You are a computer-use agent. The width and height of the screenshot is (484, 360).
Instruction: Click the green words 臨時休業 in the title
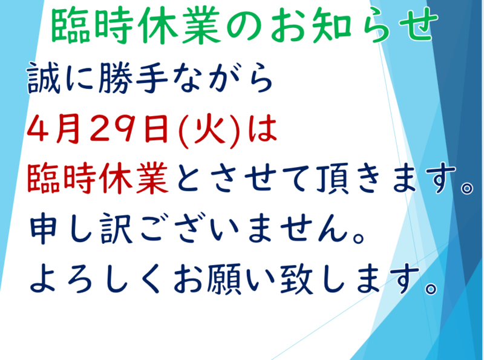[136, 25]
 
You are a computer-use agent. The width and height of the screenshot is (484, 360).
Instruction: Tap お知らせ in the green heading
[355, 25]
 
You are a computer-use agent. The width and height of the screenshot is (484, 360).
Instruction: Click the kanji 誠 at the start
[44, 77]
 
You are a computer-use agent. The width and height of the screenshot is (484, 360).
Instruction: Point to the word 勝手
[133, 77]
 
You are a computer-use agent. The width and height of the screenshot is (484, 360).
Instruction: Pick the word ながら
[223, 77]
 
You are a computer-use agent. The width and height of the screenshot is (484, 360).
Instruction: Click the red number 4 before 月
[39, 128]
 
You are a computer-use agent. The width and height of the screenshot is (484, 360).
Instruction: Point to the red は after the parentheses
[263, 128]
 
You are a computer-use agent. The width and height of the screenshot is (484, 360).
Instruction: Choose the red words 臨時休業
[98, 178]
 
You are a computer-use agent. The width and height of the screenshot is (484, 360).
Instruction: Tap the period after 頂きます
[466, 188]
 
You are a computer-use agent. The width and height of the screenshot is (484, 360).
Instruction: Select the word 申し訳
[81, 228]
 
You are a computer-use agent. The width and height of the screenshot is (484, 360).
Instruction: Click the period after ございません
[359, 238]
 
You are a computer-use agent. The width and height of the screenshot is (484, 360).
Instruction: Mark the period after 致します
[431, 288]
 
